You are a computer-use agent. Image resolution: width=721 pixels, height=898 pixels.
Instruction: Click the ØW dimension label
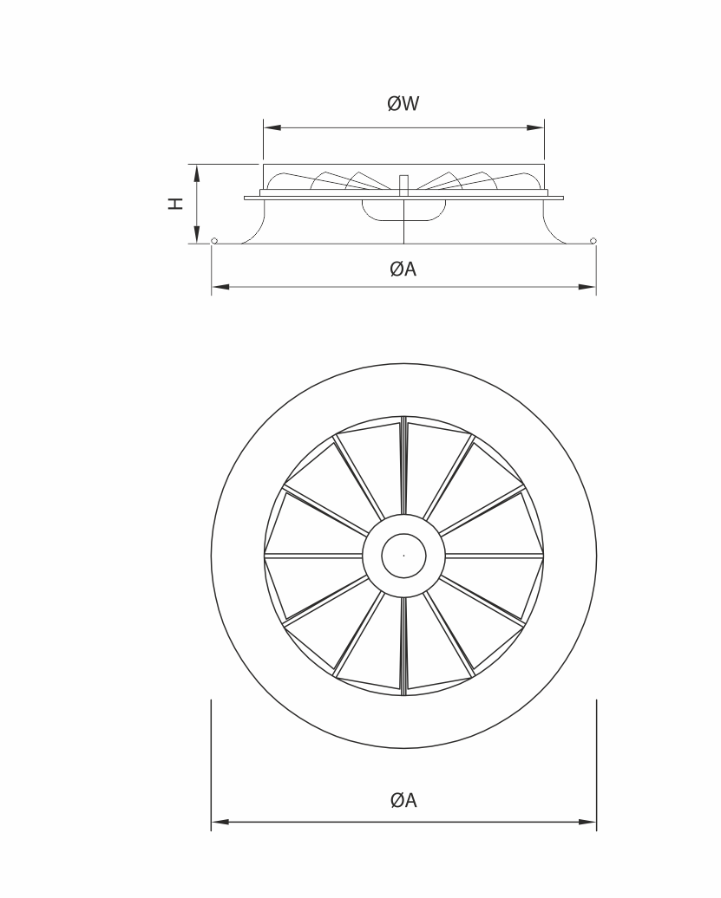pyautogui.click(x=403, y=104)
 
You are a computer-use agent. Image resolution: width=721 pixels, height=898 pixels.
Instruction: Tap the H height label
pyautogui.click(x=175, y=204)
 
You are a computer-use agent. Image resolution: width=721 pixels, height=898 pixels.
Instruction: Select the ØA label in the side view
pyautogui.click(x=403, y=269)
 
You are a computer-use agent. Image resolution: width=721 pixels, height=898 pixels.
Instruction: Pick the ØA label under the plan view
pyautogui.click(x=403, y=799)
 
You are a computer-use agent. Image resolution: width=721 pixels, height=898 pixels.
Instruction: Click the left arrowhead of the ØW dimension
pyautogui.click(x=272, y=127)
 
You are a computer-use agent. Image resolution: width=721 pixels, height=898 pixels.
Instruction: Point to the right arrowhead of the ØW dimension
pyautogui.click(x=535, y=127)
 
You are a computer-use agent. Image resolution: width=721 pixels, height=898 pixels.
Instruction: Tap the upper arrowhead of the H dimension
pyautogui.click(x=197, y=173)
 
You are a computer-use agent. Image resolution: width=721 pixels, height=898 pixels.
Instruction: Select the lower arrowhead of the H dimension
pyautogui.click(x=197, y=235)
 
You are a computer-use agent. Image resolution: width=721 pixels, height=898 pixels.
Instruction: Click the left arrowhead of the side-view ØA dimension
pyautogui.click(x=220, y=286)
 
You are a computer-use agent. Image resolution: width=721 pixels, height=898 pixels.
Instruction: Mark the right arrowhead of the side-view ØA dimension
pyautogui.click(x=587, y=286)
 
